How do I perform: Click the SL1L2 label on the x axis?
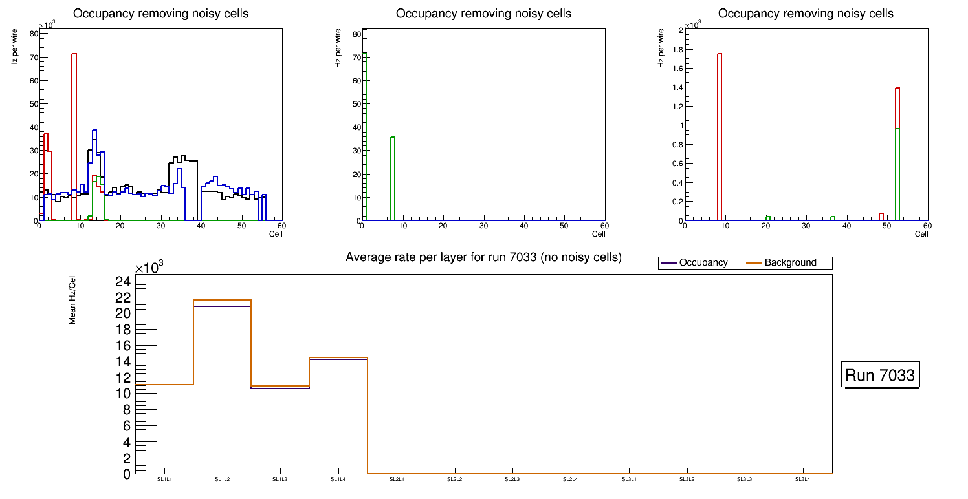(223, 479)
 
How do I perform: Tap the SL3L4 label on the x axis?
(803, 479)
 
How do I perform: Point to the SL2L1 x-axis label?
(397, 479)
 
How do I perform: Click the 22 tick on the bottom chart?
(123, 297)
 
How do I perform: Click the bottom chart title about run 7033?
(483, 257)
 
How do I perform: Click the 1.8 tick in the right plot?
(676, 49)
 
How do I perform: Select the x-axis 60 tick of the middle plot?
(604, 226)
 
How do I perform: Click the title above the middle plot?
(483, 14)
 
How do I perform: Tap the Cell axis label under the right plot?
(921, 234)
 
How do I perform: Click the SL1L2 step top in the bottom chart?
(223, 301)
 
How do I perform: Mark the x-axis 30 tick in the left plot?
(160, 226)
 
